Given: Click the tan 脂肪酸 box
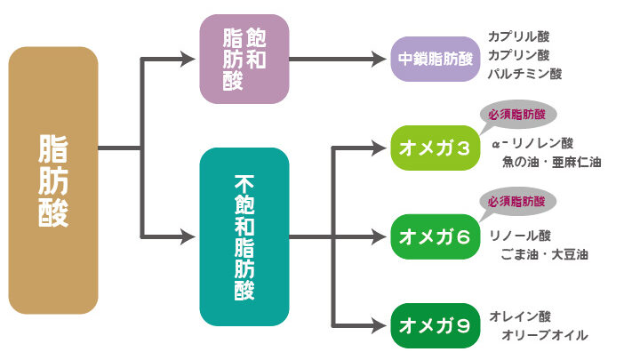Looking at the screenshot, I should (53, 180).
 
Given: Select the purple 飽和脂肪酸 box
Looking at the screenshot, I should (244, 60).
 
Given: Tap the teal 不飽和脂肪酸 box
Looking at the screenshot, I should (244, 236).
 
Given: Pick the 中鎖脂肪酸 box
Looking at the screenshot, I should (436, 60).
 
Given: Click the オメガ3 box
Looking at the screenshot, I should (436, 147).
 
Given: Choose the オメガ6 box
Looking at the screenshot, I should (436, 236).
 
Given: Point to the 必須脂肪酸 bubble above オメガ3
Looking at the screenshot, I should (516, 116).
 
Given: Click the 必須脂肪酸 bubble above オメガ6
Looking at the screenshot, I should (516, 203).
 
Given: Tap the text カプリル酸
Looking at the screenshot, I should (519, 37).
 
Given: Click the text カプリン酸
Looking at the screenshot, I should (519, 55).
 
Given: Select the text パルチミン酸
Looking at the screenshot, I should (525, 74).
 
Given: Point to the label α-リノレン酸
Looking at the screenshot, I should (532, 142).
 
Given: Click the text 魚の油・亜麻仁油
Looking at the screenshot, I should (552, 163).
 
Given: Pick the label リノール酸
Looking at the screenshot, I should (521, 236).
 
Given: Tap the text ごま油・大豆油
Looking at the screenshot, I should (545, 255).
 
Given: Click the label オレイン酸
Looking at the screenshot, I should (521, 316).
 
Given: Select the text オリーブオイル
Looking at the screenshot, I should (545, 335).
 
